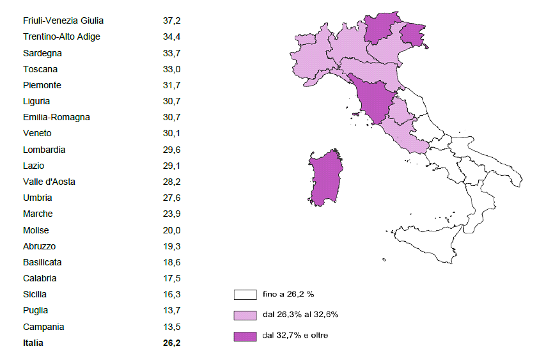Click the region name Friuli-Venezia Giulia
[x=63, y=21]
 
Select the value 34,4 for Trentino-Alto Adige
[x=171, y=37]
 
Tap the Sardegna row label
[x=42, y=53]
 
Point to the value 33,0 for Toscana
[x=171, y=69]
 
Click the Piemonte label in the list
[x=42, y=85]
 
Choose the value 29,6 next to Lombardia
[x=171, y=150]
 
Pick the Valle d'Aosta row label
[x=49, y=182]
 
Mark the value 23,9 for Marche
[x=171, y=214]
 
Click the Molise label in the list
[x=36, y=230]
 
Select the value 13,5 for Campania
[x=171, y=327]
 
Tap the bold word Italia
[x=33, y=343]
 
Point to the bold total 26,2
[x=171, y=343]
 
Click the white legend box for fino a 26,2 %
[x=245, y=295]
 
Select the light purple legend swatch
[x=245, y=315]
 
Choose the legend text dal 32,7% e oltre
[x=295, y=335]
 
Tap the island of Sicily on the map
[x=425, y=240]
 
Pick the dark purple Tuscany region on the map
[x=375, y=99]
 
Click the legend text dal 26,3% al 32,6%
[x=299, y=315]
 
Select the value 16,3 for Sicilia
[x=171, y=295]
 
